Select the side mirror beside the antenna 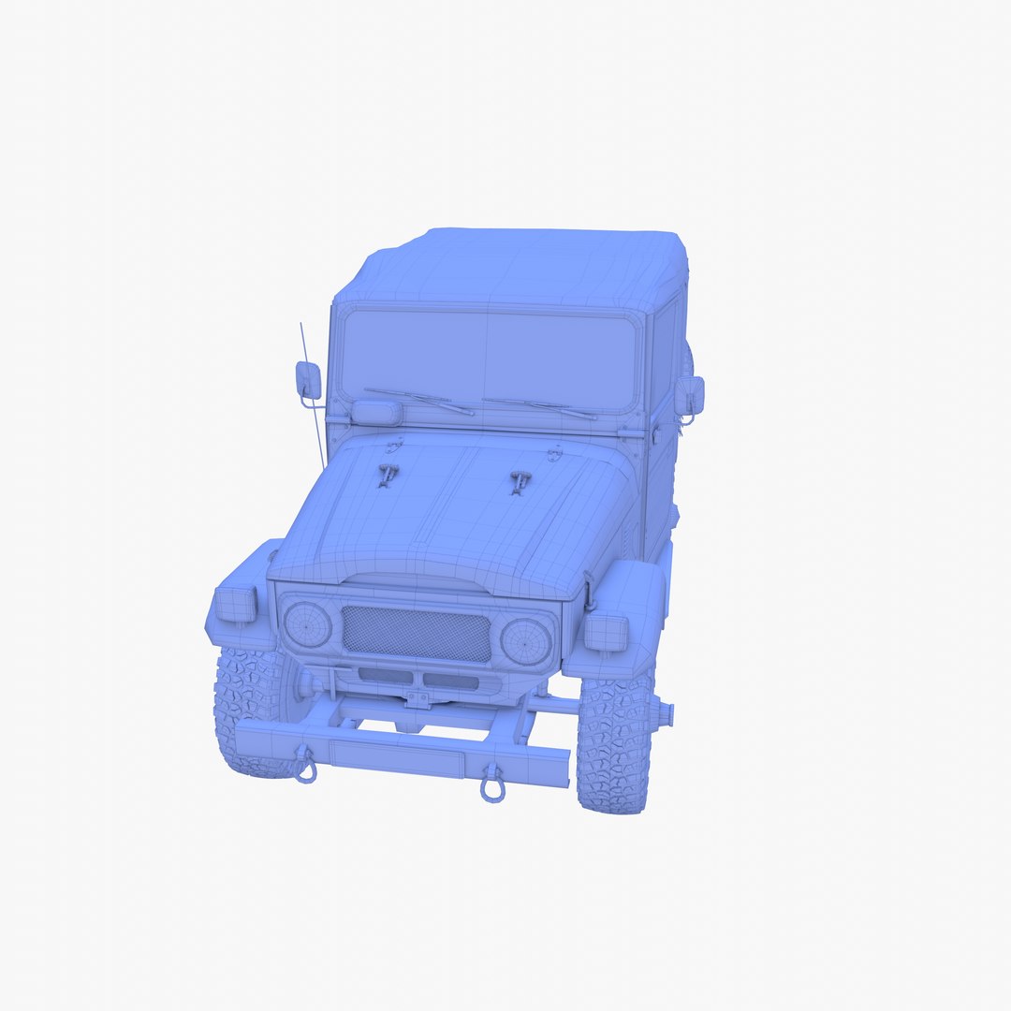(308, 379)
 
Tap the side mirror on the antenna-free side (690, 395)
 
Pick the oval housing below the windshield (376, 411)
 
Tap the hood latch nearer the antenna (386, 474)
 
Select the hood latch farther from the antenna (520, 482)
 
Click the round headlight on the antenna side (307, 624)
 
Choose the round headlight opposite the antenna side (525, 641)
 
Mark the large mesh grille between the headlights (417, 634)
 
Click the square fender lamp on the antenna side (236, 604)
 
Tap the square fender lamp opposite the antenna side (606, 633)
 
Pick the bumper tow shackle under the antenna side (305, 767)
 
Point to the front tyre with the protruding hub (614, 744)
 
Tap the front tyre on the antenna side (248, 711)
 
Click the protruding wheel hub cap (664, 714)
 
